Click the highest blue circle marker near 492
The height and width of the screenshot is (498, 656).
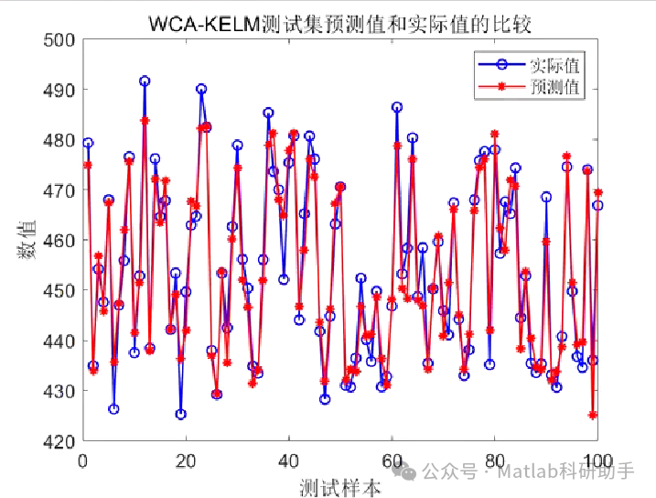coord(145,81)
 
